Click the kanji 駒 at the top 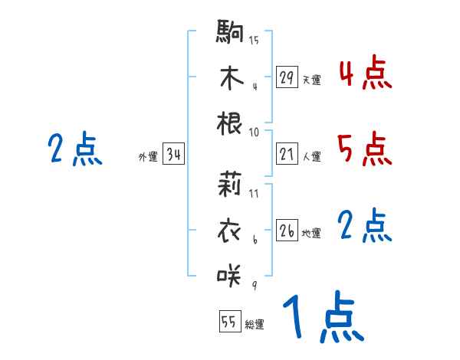pos(230,32)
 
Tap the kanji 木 pos(230,77)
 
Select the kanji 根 pos(230,122)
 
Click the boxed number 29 pos(287,77)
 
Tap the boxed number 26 pos(287,231)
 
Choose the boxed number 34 pos(173,155)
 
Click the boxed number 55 pos(229,322)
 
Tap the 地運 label pos(311,233)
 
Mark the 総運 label pos(255,324)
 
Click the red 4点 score pos(365,75)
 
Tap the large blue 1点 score pos(322,319)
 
